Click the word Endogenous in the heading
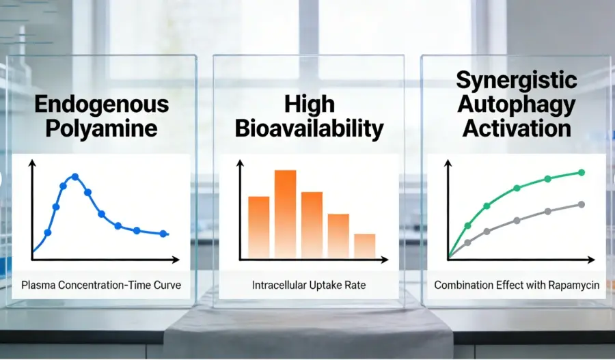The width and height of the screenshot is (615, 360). tap(102, 105)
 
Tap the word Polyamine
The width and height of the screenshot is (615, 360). tap(102, 128)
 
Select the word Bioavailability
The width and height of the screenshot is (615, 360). tap(309, 128)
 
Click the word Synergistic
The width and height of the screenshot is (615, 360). tap(517, 81)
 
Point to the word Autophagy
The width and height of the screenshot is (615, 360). tap(517, 105)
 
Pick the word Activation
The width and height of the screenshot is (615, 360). tap(517, 128)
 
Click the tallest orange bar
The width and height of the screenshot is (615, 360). tap(285, 214)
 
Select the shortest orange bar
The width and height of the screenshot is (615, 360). tap(365, 246)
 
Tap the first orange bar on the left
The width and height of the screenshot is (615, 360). tap(259, 227)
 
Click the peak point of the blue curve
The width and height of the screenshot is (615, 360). tap(75, 177)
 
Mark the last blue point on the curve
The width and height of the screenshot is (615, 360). tap(163, 234)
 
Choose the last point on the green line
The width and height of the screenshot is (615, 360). tap(582, 173)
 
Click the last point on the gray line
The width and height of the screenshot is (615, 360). tap(582, 205)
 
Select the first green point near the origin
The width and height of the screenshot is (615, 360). tap(467, 225)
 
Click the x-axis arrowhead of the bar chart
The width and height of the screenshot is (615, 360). tap(384, 259)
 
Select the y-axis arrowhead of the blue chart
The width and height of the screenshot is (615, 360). tap(32, 163)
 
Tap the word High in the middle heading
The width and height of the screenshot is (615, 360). tap(309, 105)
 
